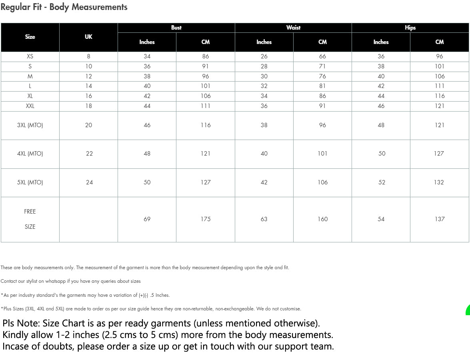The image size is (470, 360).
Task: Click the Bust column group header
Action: click(x=176, y=28)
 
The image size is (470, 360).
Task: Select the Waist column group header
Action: click(x=293, y=28)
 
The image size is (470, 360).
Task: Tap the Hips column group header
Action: click(x=410, y=28)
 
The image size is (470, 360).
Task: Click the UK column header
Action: click(x=88, y=37)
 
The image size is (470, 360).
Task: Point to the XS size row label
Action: click(x=30, y=56)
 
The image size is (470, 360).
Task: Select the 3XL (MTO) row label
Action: click(x=30, y=125)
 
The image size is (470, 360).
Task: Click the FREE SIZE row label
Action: click(x=30, y=219)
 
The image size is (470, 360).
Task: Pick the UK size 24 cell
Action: click(x=89, y=182)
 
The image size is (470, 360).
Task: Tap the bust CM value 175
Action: click(x=206, y=219)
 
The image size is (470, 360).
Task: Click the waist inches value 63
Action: click(x=264, y=219)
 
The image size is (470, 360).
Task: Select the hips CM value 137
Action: click(x=440, y=219)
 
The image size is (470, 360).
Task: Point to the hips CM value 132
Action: click(x=439, y=182)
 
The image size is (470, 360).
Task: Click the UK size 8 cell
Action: click(x=88, y=56)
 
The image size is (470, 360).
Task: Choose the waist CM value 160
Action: click(x=322, y=219)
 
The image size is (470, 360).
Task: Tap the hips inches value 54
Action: click(x=381, y=219)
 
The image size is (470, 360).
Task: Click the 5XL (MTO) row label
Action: click(x=30, y=182)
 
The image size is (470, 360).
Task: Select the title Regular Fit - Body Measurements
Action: click(x=64, y=7)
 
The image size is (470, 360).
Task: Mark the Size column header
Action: click(x=30, y=37)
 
